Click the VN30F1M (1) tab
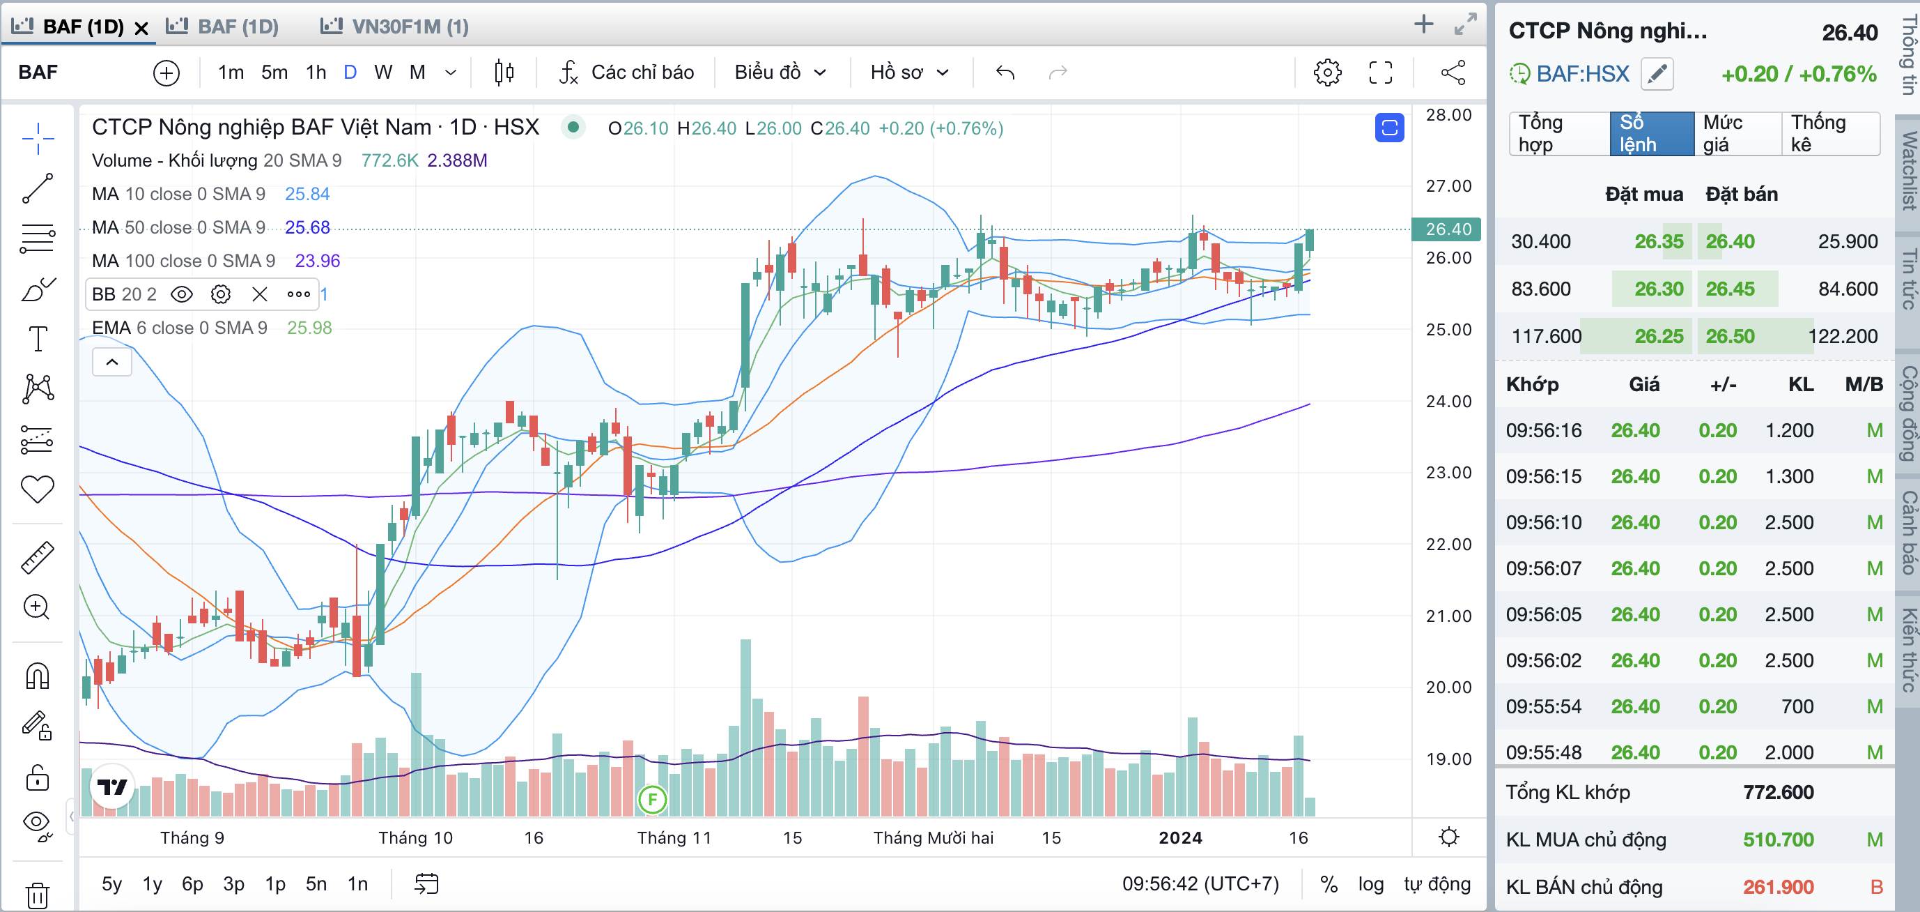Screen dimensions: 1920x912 point(395,27)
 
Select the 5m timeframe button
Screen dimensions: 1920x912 point(274,73)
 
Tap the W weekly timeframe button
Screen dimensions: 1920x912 point(383,73)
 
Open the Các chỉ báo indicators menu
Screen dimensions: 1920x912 point(627,73)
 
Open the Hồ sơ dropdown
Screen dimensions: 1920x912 point(909,73)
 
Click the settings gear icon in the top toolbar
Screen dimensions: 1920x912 point(1327,73)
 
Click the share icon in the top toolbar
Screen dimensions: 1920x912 point(1453,73)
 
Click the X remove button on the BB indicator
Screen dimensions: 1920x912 point(259,294)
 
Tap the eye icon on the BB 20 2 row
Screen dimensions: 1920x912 point(182,294)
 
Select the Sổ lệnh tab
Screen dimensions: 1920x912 point(1652,133)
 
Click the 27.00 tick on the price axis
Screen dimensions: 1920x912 point(1448,186)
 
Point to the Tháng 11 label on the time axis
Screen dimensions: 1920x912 point(674,838)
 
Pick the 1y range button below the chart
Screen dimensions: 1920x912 point(152,884)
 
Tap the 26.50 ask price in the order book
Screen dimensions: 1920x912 point(1730,336)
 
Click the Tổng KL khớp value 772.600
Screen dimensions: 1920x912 point(1779,792)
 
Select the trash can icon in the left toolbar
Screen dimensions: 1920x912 point(37,893)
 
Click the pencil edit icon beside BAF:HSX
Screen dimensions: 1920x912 point(1657,74)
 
